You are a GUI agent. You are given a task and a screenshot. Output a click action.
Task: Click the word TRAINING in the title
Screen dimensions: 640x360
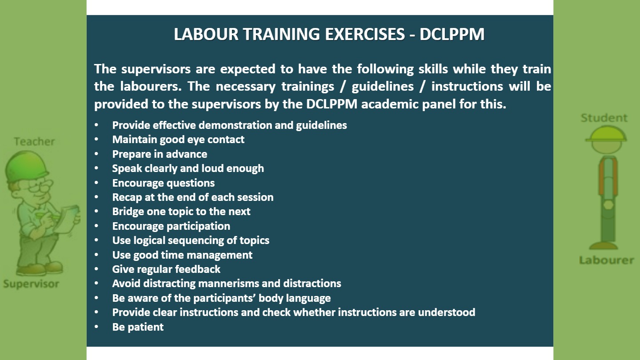[281, 34]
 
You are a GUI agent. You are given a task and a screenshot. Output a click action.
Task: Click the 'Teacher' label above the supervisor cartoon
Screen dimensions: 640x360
[34, 141]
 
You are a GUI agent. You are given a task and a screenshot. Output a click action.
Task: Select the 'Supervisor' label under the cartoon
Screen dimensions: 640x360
[31, 284]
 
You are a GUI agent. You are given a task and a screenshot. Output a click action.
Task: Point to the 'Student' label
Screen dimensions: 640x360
[604, 118]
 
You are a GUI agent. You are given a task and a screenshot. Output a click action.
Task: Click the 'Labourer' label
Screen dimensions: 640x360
[607, 260]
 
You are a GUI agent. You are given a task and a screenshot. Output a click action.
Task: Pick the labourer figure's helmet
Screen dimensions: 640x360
[606, 134]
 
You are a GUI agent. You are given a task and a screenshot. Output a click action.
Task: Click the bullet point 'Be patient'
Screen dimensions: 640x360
[138, 327]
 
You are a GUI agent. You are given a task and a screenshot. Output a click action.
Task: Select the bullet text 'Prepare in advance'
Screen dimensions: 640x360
[160, 154]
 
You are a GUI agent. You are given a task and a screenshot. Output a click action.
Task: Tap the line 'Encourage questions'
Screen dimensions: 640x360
[164, 183]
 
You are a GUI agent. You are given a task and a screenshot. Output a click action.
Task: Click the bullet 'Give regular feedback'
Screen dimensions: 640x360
[166, 269]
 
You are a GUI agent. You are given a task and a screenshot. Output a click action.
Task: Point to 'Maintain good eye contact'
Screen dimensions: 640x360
[178, 140]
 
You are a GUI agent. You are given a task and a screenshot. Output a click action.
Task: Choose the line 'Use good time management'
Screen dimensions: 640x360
[182, 255]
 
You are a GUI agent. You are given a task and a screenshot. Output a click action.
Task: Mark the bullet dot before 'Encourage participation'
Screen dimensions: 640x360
[96, 226]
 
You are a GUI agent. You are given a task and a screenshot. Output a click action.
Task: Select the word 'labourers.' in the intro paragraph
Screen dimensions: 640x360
[151, 86]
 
